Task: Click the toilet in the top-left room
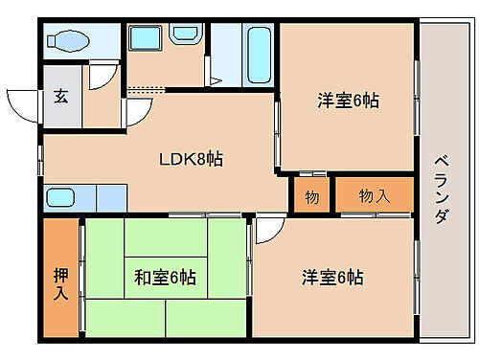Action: pos(69,42)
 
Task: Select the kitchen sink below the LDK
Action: pos(60,198)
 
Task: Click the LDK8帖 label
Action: pos(191,159)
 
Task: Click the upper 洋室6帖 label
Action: pos(346,100)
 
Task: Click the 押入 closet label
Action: pos(60,279)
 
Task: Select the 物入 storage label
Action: pos(374,195)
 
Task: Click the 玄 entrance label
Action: pos(60,96)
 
